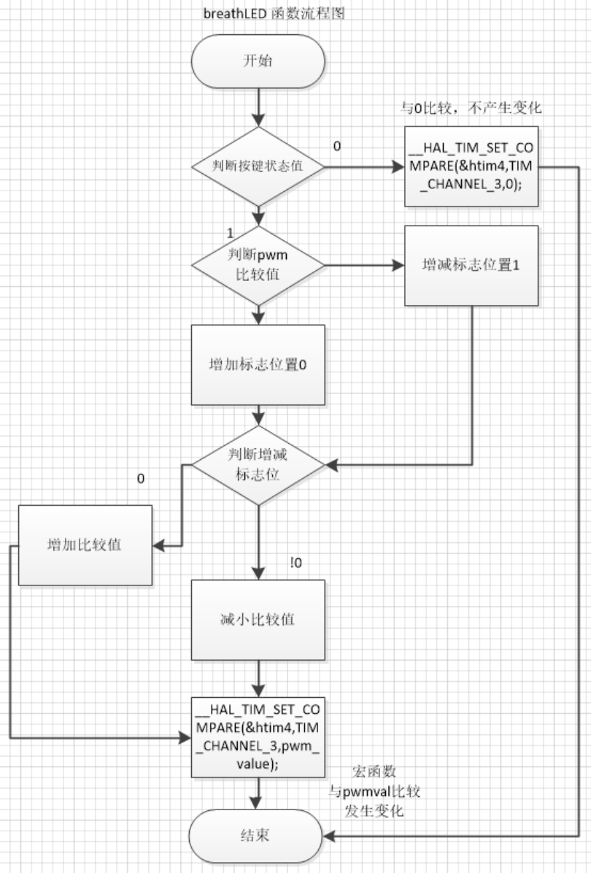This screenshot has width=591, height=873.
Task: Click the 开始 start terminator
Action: (258, 61)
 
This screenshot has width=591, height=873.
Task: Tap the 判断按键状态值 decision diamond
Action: (258, 167)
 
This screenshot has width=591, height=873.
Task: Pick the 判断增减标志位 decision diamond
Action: (258, 465)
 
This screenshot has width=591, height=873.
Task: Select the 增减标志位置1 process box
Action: (471, 265)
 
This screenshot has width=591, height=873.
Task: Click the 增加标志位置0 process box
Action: (258, 365)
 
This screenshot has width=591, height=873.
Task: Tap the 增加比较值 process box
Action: (85, 545)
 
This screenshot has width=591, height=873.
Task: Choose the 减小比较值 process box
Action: (258, 620)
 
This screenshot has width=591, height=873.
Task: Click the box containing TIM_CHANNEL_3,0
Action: (471, 167)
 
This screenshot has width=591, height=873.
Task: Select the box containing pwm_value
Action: (258, 737)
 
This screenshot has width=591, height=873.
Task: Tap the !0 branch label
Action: (296, 563)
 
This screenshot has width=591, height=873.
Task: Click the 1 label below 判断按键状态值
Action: (231, 233)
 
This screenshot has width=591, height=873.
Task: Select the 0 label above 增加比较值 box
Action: (141, 480)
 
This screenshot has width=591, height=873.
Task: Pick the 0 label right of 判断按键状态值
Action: (336, 147)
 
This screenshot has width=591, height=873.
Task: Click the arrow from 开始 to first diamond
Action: (258, 106)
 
